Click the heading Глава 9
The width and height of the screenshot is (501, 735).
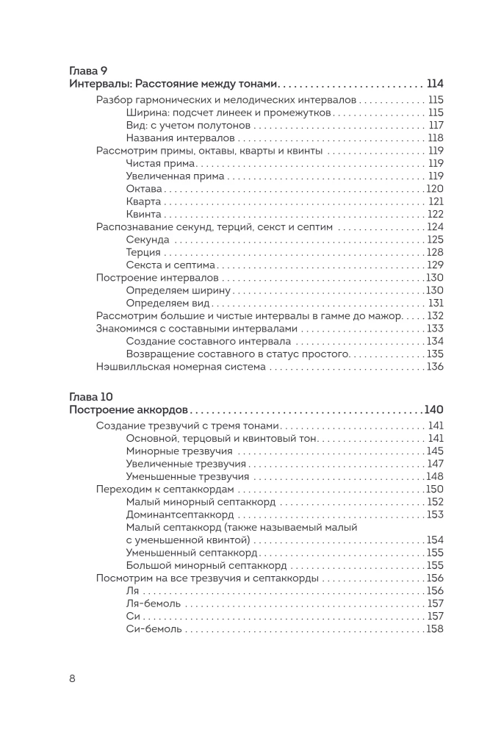click(88, 71)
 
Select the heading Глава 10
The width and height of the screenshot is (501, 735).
click(91, 398)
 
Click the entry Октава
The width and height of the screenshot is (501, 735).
click(144, 189)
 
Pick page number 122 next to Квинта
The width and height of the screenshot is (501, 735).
click(436, 214)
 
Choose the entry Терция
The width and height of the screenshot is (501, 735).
click(143, 252)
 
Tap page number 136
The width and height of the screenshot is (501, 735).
click(435, 366)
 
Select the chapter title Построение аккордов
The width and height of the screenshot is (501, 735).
click(129, 410)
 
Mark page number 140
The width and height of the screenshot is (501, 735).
click(434, 410)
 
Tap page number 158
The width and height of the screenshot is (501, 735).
click(435, 628)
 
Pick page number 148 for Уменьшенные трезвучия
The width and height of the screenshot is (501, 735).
click(435, 476)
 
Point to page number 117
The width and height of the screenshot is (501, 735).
click(436, 125)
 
